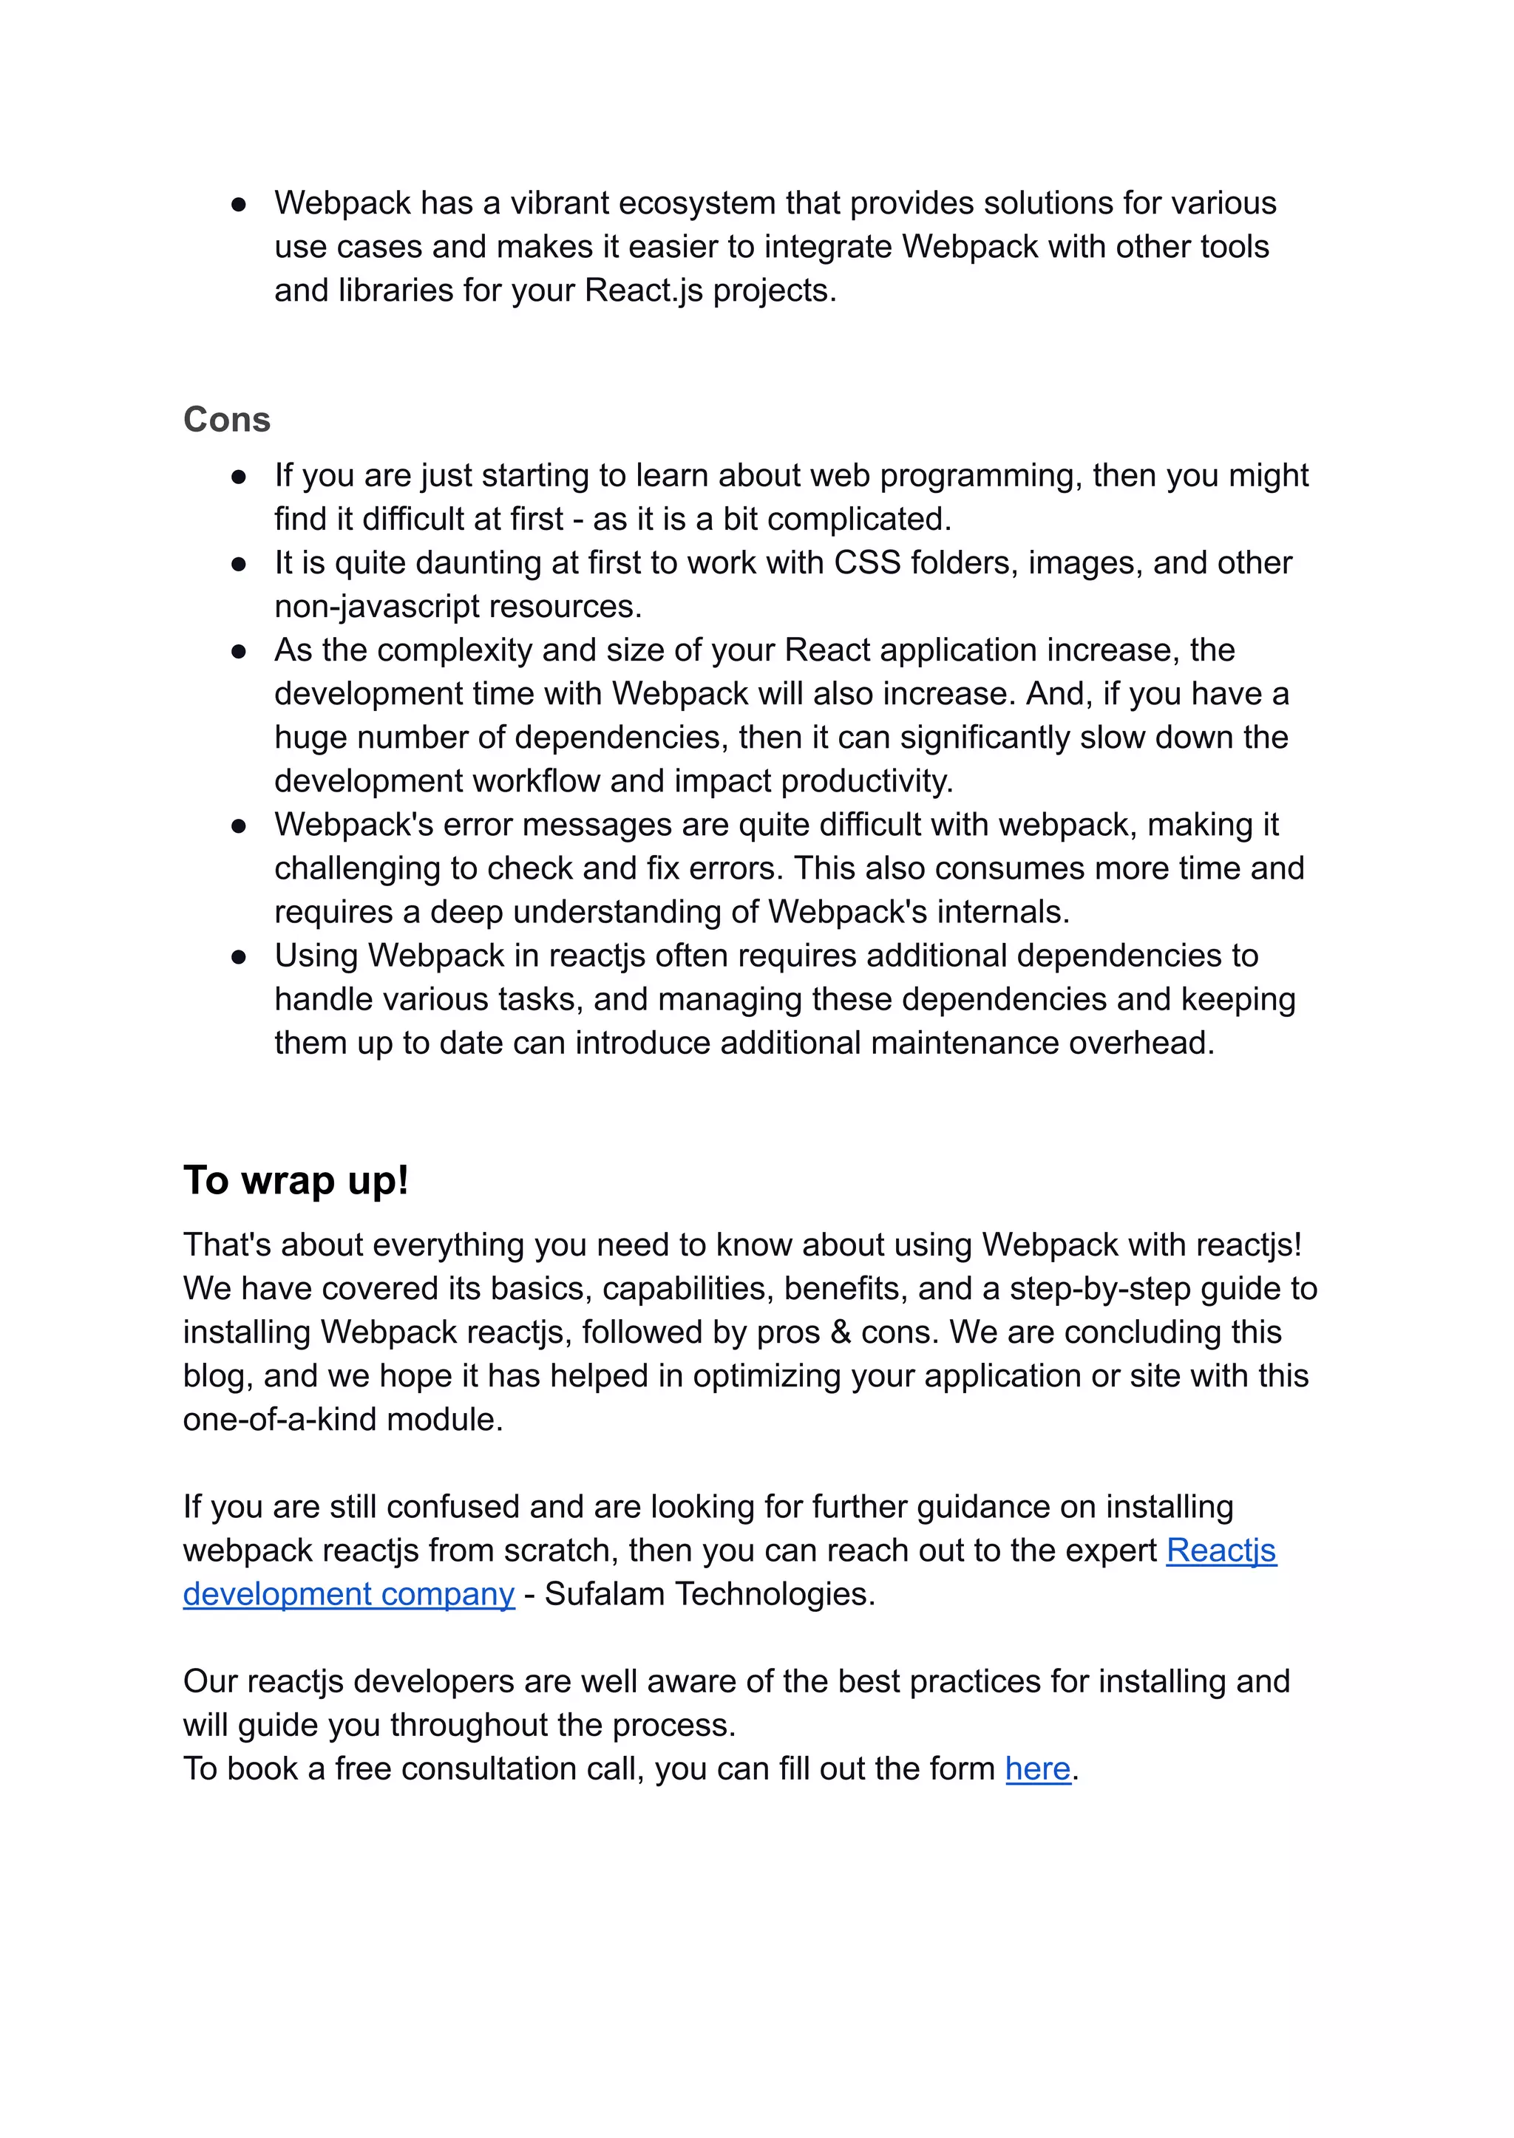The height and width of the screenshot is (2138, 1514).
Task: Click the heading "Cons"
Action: pyautogui.click(x=226, y=421)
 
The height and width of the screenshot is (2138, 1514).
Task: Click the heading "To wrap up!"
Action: pyautogui.click(x=296, y=1181)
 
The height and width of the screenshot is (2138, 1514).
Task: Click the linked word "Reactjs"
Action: pyautogui.click(x=1221, y=1550)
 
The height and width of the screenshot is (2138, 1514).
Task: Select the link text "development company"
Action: pyautogui.click(x=349, y=1595)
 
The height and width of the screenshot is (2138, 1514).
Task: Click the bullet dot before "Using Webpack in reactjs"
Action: pyautogui.click(x=239, y=956)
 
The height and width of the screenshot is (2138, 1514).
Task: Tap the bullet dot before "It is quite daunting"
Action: pyautogui.click(x=239, y=564)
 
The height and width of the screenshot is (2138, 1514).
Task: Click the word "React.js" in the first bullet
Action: pyautogui.click(x=643, y=290)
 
